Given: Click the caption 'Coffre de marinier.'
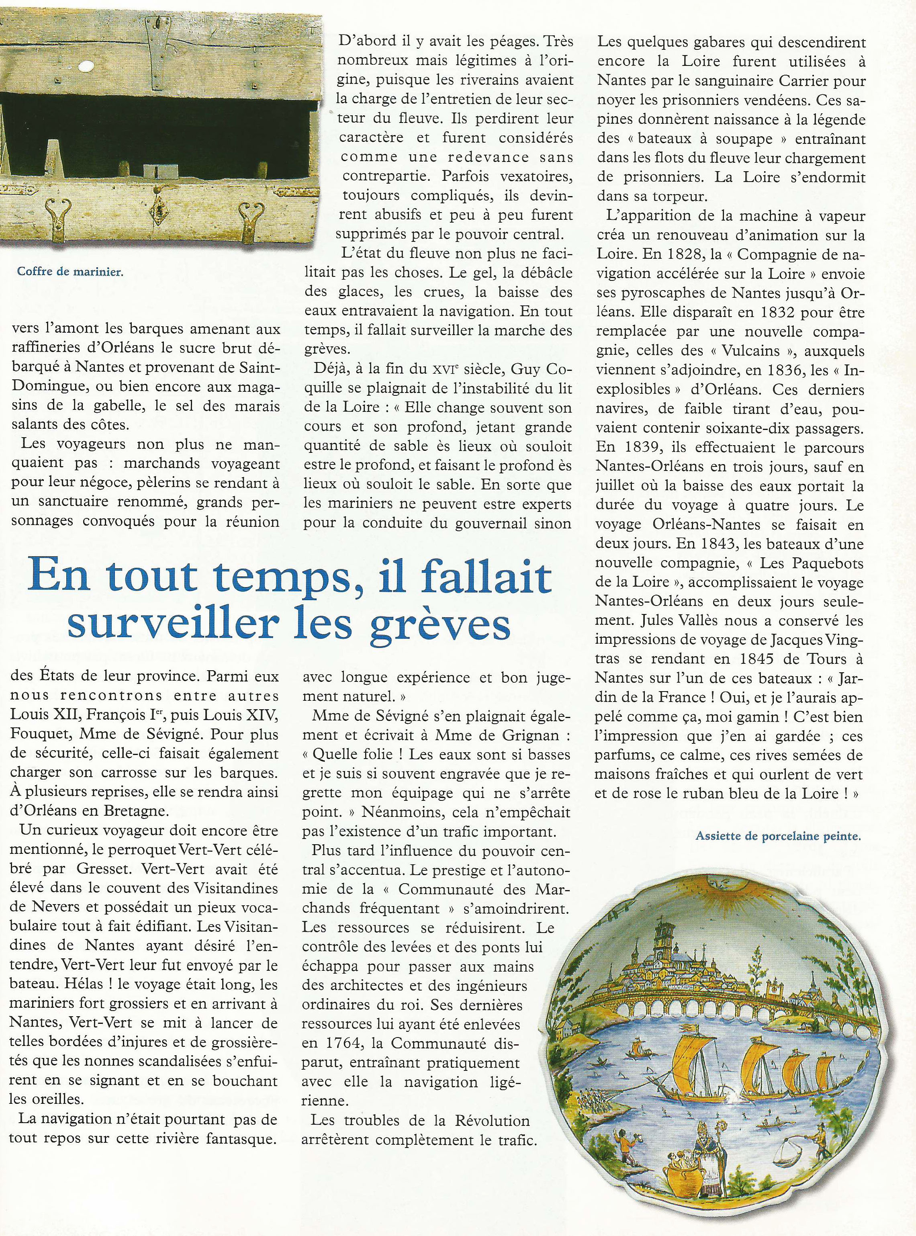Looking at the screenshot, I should click(70, 272).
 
